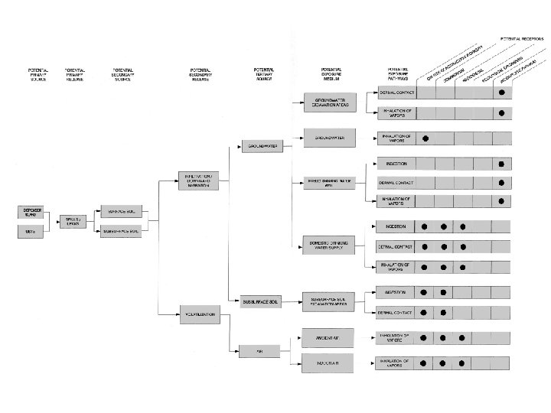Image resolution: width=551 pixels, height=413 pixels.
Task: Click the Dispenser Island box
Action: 32,211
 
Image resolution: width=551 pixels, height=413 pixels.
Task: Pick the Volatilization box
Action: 199,314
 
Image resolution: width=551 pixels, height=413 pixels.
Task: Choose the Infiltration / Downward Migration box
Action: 199,180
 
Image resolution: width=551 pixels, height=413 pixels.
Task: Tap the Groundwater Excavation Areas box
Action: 330,102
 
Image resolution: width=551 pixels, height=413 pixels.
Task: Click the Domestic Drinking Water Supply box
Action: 330,245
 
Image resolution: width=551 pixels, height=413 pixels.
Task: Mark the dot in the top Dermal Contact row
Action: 501,93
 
